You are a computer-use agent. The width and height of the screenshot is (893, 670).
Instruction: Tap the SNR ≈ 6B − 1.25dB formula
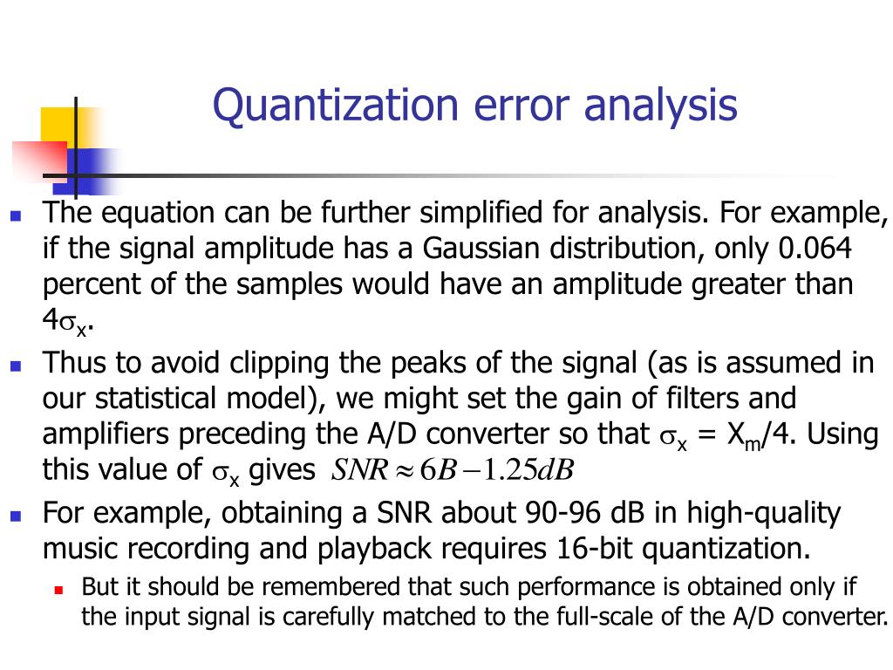(x=453, y=469)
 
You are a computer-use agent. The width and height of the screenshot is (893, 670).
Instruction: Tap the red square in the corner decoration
(x=39, y=161)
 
